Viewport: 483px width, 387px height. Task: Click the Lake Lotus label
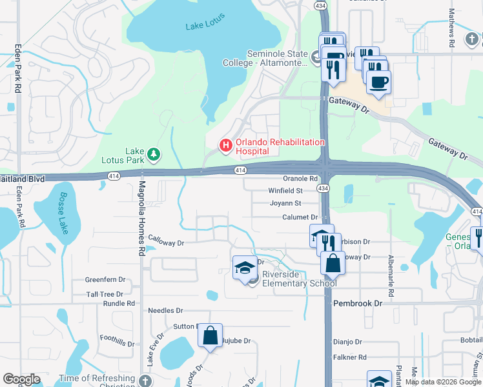point(203,26)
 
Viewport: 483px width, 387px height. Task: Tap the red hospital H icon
point(225,146)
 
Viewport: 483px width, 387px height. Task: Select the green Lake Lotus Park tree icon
point(154,154)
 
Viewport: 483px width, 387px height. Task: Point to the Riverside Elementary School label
point(299,279)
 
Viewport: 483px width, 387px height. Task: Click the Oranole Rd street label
point(300,179)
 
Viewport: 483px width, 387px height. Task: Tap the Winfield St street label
point(285,191)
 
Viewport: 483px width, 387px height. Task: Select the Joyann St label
point(285,204)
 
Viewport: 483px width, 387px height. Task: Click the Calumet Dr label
point(300,217)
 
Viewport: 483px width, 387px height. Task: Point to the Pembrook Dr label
point(357,303)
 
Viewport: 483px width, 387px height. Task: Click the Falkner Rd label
point(349,357)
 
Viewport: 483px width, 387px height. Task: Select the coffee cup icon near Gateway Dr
point(378,81)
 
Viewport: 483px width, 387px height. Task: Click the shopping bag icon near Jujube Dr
point(210,335)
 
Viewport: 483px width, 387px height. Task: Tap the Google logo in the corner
point(21,379)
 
